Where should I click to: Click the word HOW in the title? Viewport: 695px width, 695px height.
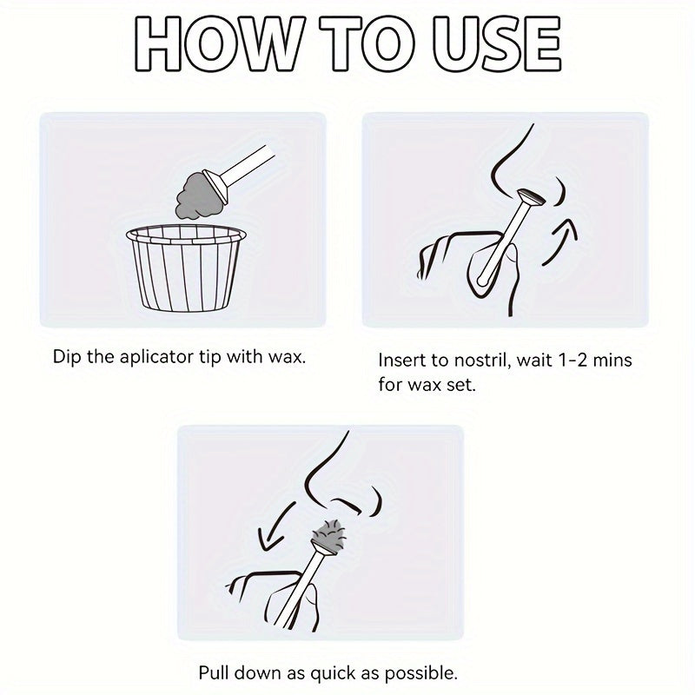point(220,44)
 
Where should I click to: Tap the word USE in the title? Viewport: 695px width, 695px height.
point(497,44)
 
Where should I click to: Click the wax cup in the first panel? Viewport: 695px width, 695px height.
point(186,268)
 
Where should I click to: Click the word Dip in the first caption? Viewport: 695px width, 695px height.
point(67,357)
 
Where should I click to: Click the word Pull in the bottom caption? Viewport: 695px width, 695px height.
point(215,672)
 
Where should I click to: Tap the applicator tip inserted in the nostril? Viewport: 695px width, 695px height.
point(532,198)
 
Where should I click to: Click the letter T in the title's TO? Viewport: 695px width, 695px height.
point(341,44)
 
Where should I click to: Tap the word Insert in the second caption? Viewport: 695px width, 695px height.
point(402,360)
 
